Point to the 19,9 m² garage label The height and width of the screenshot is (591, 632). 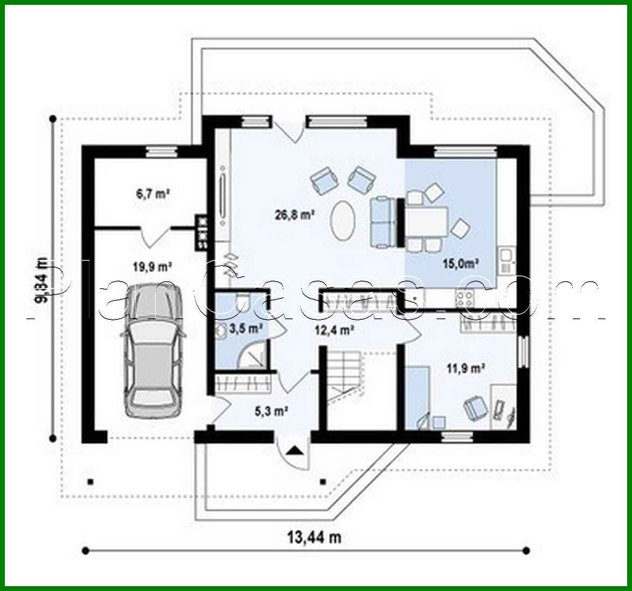coord(152,265)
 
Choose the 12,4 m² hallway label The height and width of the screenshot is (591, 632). coord(334,329)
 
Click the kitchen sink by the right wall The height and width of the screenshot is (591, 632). coord(506,261)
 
